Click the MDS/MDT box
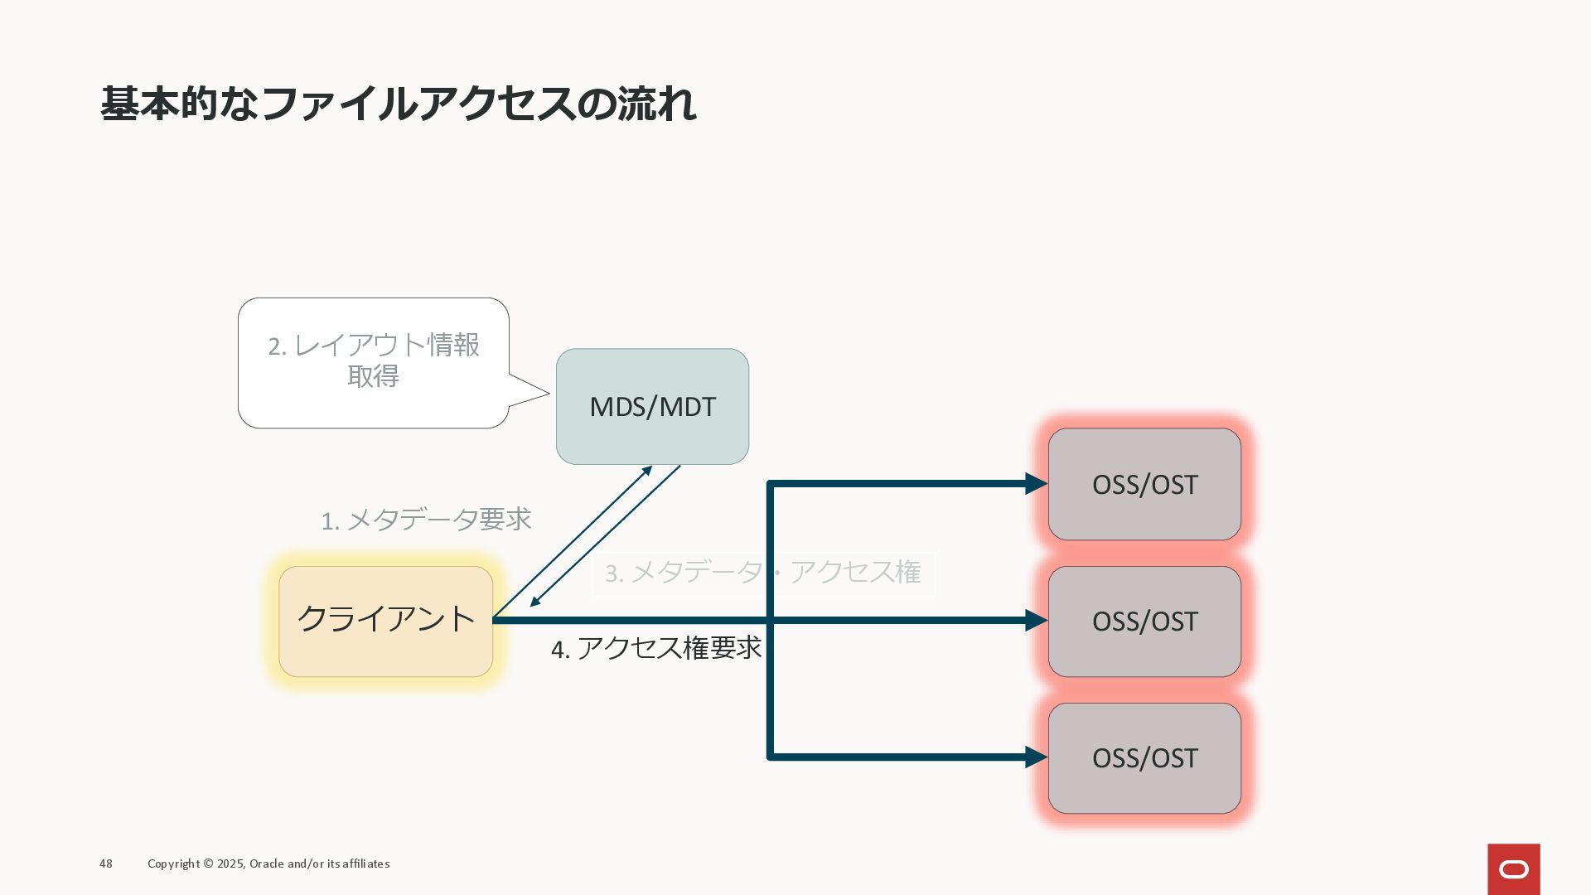652,406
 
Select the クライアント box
385,621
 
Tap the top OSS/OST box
1144,484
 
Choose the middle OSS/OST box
1144,621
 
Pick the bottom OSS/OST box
1144,757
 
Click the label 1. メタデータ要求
426,520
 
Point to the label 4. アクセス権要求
655,648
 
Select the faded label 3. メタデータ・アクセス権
763,573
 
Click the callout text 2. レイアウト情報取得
374,360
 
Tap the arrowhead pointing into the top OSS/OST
1036,484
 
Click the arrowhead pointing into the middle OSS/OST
1036,621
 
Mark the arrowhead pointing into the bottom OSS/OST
1036,757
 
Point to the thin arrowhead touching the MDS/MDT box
647,472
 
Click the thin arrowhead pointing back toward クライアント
535,601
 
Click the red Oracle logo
1513,868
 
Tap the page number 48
106,864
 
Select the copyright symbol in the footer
208,864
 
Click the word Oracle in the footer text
266,864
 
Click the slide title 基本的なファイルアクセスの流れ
398,104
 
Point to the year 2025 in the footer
231,864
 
